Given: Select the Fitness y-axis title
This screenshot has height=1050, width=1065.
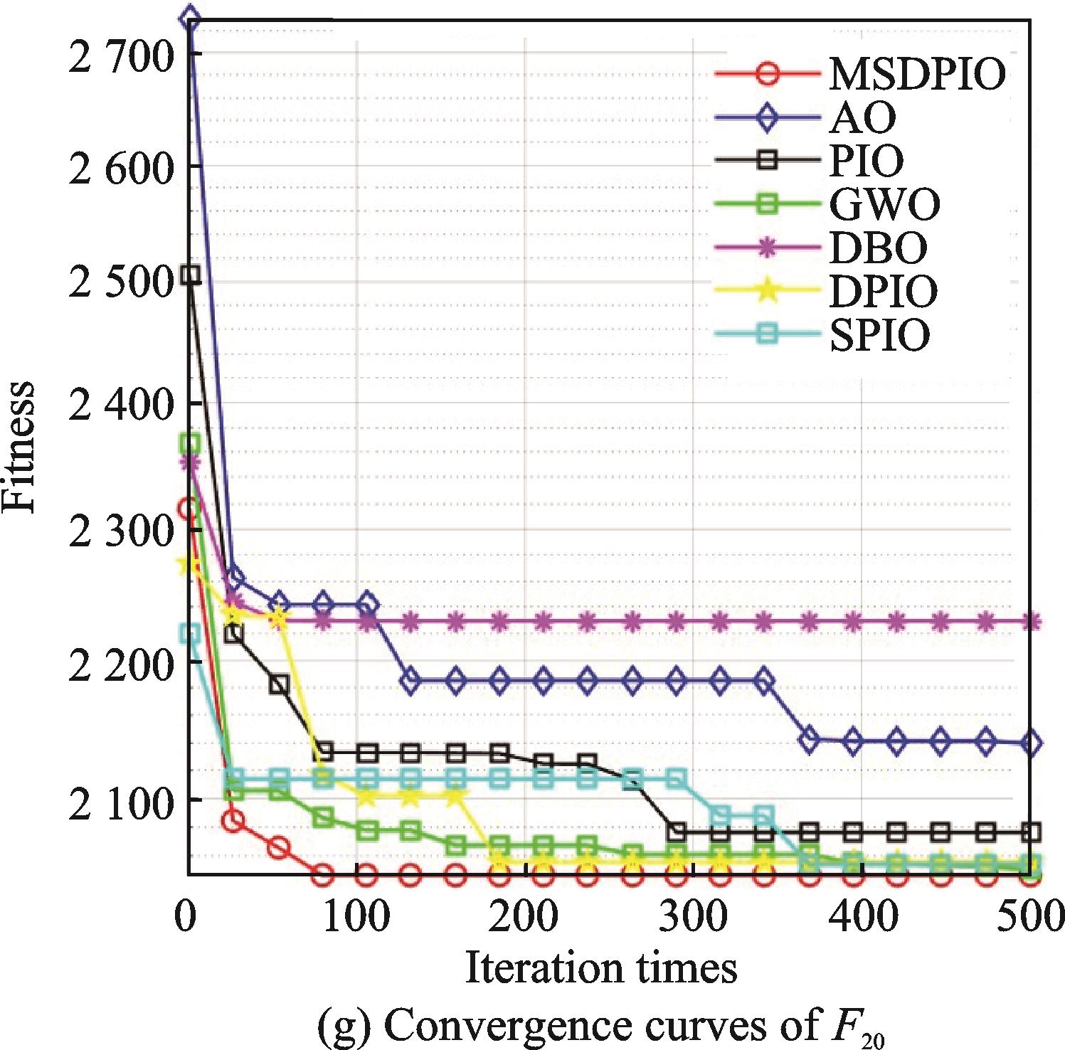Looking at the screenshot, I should click(x=19, y=446).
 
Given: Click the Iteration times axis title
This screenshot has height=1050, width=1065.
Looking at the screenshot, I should click(x=600, y=969).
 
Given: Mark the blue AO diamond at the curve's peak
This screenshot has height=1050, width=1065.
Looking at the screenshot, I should click(x=189, y=18).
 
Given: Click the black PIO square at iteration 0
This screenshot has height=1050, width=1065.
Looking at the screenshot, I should click(x=189, y=275).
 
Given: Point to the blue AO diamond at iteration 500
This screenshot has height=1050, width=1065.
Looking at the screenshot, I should click(x=1030, y=743).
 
